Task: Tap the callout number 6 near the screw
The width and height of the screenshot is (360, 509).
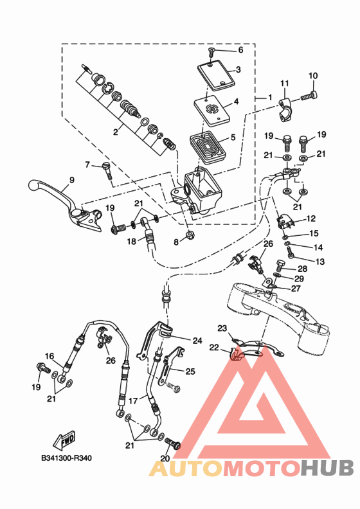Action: (x=240, y=50)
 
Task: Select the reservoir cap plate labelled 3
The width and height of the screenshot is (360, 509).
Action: (x=216, y=76)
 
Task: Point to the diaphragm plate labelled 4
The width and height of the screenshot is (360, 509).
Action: (x=212, y=111)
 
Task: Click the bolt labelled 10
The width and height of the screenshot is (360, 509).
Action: (x=309, y=96)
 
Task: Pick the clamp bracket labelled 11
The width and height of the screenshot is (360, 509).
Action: (x=285, y=110)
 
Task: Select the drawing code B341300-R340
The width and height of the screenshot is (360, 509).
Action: (x=67, y=458)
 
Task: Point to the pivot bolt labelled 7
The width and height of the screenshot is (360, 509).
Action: (x=107, y=170)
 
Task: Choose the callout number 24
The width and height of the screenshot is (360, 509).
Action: (x=197, y=341)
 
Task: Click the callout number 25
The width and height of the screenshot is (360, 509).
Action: (x=190, y=371)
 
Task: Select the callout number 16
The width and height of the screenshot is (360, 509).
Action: (x=50, y=356)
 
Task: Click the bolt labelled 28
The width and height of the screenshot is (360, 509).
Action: (x=280, y=267)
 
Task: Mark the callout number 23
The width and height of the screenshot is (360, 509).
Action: (x=222, y=328)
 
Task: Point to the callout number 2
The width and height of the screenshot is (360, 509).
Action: (x=116, y=132)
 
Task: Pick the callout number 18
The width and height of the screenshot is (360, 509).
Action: (x=132, y=242)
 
